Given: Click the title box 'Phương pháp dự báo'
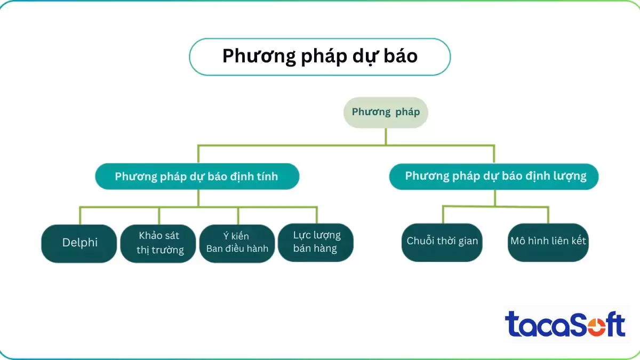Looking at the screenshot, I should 320,57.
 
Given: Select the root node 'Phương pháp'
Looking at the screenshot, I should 386,112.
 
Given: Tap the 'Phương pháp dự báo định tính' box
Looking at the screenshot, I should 197,177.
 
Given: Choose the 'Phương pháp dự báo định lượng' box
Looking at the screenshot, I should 494,177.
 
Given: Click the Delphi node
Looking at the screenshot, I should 79,243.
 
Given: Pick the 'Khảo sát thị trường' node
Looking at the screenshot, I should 159,243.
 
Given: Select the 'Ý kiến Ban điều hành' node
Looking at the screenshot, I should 237,243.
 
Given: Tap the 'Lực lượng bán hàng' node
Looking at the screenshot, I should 316,242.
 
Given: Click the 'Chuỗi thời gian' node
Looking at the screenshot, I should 442,242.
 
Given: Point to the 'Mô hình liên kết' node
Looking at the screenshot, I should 548,242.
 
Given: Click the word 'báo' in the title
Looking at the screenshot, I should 399,57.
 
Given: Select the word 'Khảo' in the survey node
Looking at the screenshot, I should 152,236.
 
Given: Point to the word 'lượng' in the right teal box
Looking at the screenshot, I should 570,176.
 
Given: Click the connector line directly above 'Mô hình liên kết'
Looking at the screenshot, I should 548,214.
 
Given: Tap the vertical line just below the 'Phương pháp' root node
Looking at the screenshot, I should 386,136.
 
